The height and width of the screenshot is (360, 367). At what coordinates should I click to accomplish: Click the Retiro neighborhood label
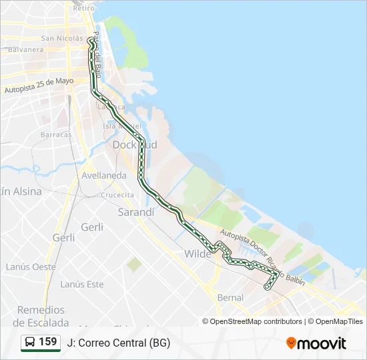79,8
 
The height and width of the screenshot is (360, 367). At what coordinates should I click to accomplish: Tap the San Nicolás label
62,38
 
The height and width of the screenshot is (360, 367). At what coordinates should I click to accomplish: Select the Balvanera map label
27,49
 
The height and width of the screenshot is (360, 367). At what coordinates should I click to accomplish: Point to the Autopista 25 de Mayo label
39,85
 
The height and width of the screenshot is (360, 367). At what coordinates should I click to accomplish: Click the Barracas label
55,134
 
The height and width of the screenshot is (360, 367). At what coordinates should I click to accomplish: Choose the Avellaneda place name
103,175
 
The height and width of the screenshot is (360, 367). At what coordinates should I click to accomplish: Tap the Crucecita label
117,195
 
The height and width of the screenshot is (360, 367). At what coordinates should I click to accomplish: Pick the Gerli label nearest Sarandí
92,227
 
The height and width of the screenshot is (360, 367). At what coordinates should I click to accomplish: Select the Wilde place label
198,253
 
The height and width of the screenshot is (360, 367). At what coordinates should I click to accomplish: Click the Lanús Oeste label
31,267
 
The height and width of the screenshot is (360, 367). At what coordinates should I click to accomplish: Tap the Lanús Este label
82,284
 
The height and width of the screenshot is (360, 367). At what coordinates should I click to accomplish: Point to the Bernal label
230,297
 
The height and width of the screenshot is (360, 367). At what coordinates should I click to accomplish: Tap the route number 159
48,342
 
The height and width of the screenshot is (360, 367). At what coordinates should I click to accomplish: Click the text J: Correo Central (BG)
118,343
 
